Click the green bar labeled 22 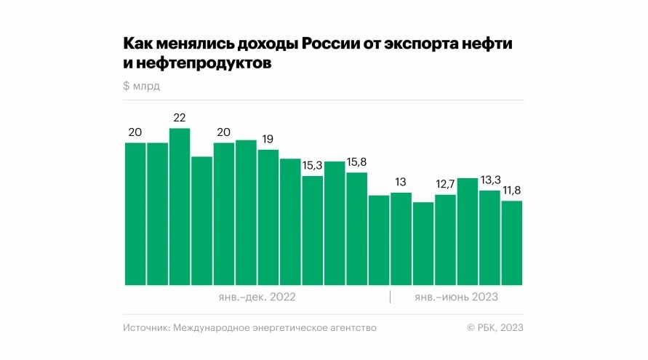180,207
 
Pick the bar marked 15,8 357,228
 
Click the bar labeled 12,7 445,239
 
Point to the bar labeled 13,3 489,237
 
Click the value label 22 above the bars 180,118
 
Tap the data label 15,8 357,161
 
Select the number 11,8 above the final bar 511,191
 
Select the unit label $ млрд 141,86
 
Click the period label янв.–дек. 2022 257,297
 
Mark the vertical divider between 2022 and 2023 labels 391,297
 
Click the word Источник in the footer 145,328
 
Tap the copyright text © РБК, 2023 495,328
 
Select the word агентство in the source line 351,328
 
